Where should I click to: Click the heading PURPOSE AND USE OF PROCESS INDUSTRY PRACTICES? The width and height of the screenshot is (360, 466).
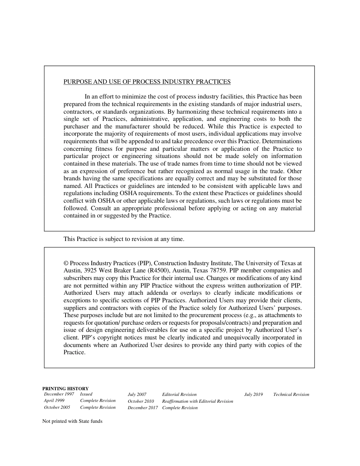coord(147,82)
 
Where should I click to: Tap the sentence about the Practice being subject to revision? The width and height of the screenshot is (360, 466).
coord(124,239)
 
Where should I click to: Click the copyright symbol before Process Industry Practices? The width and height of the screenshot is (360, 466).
coord(66,263)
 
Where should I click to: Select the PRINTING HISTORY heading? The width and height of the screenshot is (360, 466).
coord(66,388)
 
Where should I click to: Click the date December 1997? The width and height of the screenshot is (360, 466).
coord(59,394)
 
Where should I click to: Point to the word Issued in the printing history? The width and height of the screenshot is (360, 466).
coord(86,394)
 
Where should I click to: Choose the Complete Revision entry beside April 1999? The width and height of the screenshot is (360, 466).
coord(98,400)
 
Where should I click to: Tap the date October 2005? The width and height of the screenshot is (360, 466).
coord(57,408)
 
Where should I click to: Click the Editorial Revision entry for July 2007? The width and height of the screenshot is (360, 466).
coord(179,395)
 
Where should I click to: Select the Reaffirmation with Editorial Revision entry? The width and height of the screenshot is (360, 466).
coord(197,401)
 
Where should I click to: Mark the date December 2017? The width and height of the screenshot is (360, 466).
coord(142,408)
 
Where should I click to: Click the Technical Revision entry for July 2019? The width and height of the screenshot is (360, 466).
coord(291,395)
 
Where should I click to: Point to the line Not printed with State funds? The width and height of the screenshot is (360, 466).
coord(72,421)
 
